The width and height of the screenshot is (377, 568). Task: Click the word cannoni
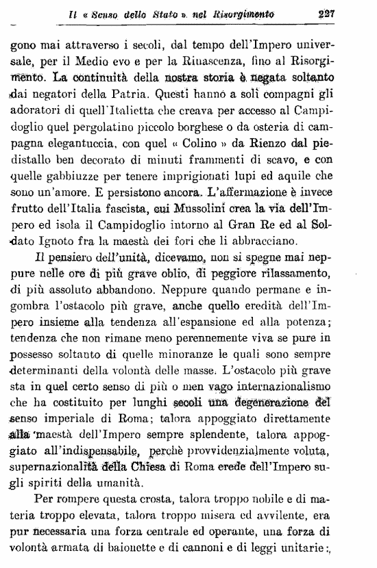click(x=235, y=546)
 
